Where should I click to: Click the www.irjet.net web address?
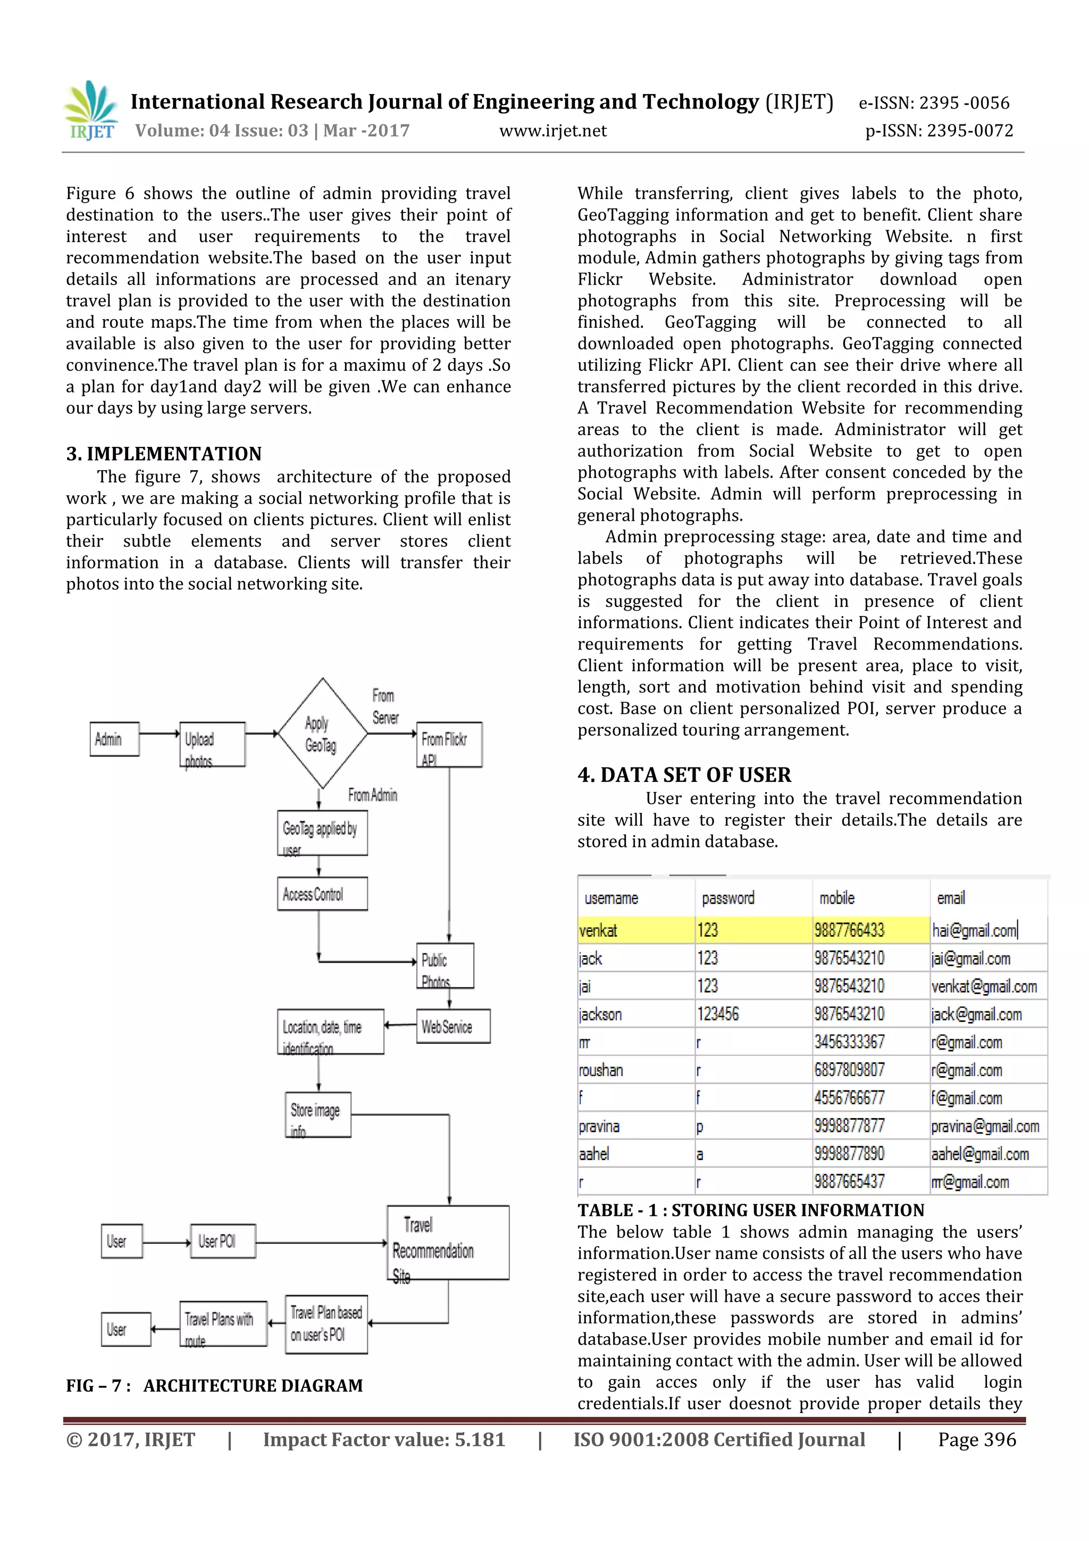pyautogui.click(x=552, y=131)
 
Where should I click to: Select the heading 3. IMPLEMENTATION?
pyautogui.click(x=164, y=454)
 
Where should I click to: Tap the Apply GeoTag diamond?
pyautogui.click(x=322, y=734)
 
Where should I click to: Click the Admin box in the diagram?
pyautogui.click(x=115, y=739)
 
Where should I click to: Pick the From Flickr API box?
pyautogui.click(x=449, y=744)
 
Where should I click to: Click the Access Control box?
pyautogui.click(x=322, y=894)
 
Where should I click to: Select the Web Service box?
pyautogui.click(x=453, y=1026)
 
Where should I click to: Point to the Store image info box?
pyautogui.click(x=318, y=1115)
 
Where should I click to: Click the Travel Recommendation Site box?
pyautogui.click(x=448, y=1243)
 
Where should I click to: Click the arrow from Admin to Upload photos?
pyautogui.click(x=160, y=734)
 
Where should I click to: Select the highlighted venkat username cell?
pyautogui.click(x=635, y=930)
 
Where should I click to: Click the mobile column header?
pyautogui.click(x=837, y=898)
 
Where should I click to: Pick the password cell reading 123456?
pyautogui.click(x=718, y=1014)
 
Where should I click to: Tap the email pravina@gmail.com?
pyautogui.click(x=985, y=1126)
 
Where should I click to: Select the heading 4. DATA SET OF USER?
pyautogui.click(x=684, y=775)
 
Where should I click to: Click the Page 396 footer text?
pyautogui.click(x=976, y=1439)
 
